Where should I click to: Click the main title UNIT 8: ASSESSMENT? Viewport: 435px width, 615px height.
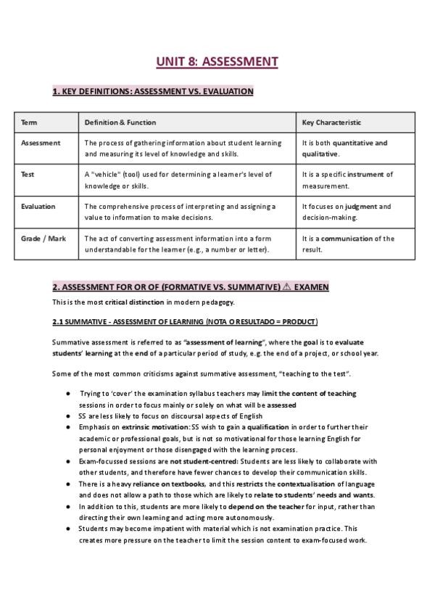[x=217, y=62]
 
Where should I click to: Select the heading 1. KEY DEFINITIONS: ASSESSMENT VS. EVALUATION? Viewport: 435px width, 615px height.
[x=153, y=91]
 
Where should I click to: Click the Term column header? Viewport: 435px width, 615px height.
[x=29, y=123]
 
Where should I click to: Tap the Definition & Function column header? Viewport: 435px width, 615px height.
[x=120, y=123]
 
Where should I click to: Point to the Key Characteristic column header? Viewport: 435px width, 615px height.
[x=331, y=123]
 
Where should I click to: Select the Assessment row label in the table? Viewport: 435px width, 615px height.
[x=41, y=144]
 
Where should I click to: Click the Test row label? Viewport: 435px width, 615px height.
[x=28, y=175]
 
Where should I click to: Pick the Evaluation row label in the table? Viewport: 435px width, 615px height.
[x=38, y=207]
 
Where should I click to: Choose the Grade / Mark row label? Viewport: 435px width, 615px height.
[x=43, y=239]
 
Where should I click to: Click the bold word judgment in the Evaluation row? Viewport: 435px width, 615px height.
[x=361, y=207]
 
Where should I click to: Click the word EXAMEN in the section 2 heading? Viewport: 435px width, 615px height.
[x=311, y=287]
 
